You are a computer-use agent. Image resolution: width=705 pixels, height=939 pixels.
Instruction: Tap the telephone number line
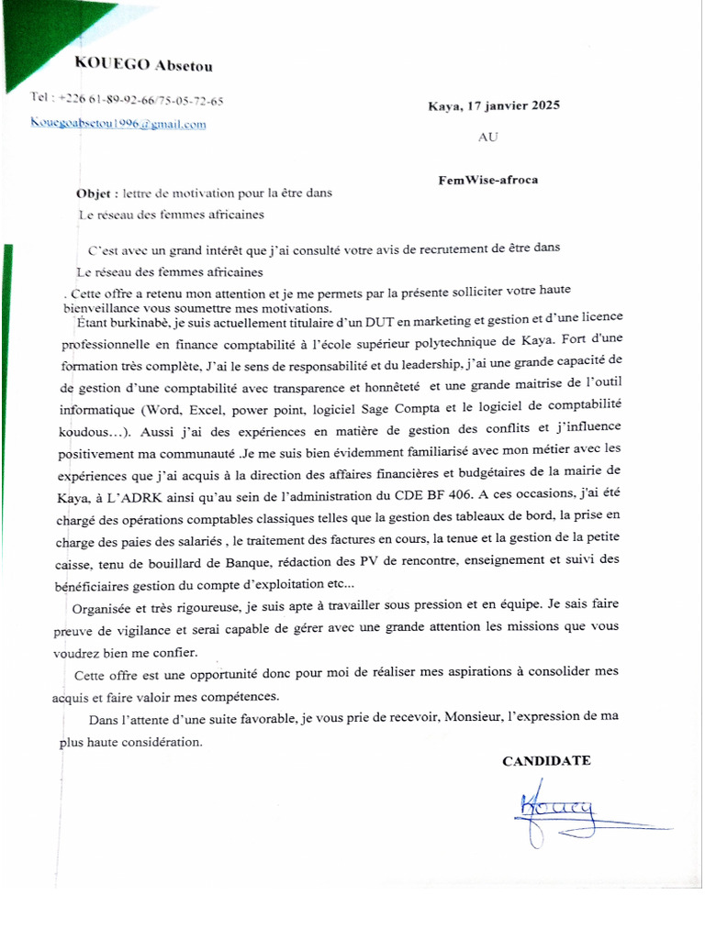[127, 100]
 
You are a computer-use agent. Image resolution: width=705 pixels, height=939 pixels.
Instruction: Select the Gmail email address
[118, 124]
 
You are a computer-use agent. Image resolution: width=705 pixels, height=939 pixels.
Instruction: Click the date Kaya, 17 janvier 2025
[493, 105]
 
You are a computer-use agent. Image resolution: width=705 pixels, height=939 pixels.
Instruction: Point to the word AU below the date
[488, 138]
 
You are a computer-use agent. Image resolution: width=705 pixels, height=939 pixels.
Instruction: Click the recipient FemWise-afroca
[488, 180]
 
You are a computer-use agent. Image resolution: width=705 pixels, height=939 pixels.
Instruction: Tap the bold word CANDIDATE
[546, 760]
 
